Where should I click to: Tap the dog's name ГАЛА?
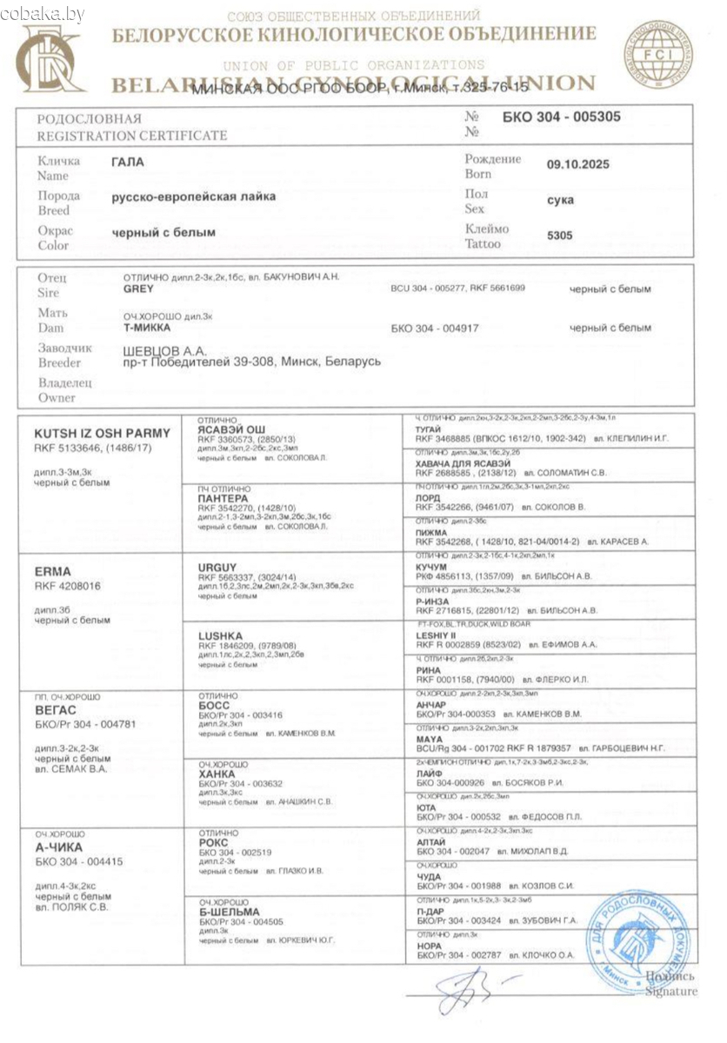128,162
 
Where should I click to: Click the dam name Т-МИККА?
147,329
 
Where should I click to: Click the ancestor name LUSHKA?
220,635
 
